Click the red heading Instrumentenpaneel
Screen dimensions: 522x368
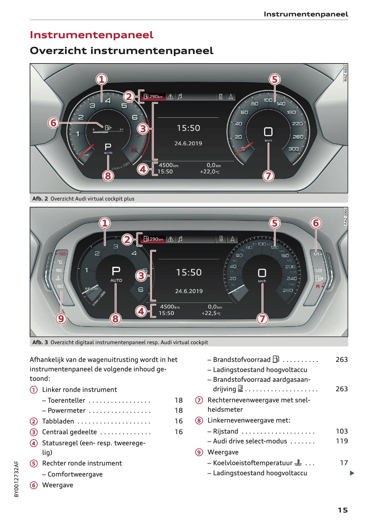(91, 35)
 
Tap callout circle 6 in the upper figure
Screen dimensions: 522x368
(53, 123)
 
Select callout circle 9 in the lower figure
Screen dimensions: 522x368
(61, 318)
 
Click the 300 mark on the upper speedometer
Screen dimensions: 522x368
(293, 148)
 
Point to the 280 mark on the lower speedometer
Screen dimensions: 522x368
(287, 290)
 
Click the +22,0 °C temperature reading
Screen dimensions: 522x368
(209, 171)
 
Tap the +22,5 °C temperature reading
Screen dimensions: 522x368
(211, 313)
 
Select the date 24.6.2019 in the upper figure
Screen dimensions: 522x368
(188, 143)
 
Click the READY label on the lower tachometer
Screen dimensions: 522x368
(92, 289)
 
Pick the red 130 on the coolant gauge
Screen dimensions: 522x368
(62, 254)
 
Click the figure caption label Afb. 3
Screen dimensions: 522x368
(40, 342)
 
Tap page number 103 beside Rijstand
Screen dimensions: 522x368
(341, 431)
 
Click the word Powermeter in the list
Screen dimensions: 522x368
(67, 410)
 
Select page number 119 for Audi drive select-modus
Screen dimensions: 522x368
(341, 441)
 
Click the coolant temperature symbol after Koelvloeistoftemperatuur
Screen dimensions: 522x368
(298, 463)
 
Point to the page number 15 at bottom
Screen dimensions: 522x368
(342, 510)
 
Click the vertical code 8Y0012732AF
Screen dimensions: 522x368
(17, 479)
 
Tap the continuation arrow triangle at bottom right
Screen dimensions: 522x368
(352, 473)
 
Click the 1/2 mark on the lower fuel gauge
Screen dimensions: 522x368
(318, 271)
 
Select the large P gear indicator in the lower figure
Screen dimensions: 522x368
(116, 271)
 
